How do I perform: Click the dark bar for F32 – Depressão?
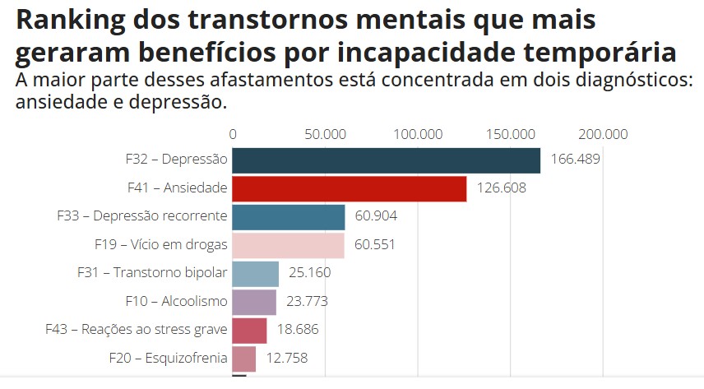[x=386, y=160]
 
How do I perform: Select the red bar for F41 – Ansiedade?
[x=350, y=188]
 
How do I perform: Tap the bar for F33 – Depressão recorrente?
[x=289, y=217]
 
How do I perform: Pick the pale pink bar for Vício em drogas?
[x=289, y=245]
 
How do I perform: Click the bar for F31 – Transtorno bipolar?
[x=256, y=273]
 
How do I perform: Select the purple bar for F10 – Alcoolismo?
[x=255, y=302]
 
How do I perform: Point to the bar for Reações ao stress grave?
[x=250, y=330]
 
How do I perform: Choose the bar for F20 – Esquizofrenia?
[x=244, y=359]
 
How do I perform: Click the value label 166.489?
[x=576, y=160]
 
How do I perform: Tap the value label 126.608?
[x=501, y=188]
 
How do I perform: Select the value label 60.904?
[x=379, y=216]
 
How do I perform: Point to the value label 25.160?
[x=313, y=273]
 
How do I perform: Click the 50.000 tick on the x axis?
[x=325, y=135]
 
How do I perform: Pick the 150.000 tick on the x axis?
[x=511, y=135]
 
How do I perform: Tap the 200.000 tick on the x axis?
[x=603, y=135]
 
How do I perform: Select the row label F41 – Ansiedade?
[x=177, y=188]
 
